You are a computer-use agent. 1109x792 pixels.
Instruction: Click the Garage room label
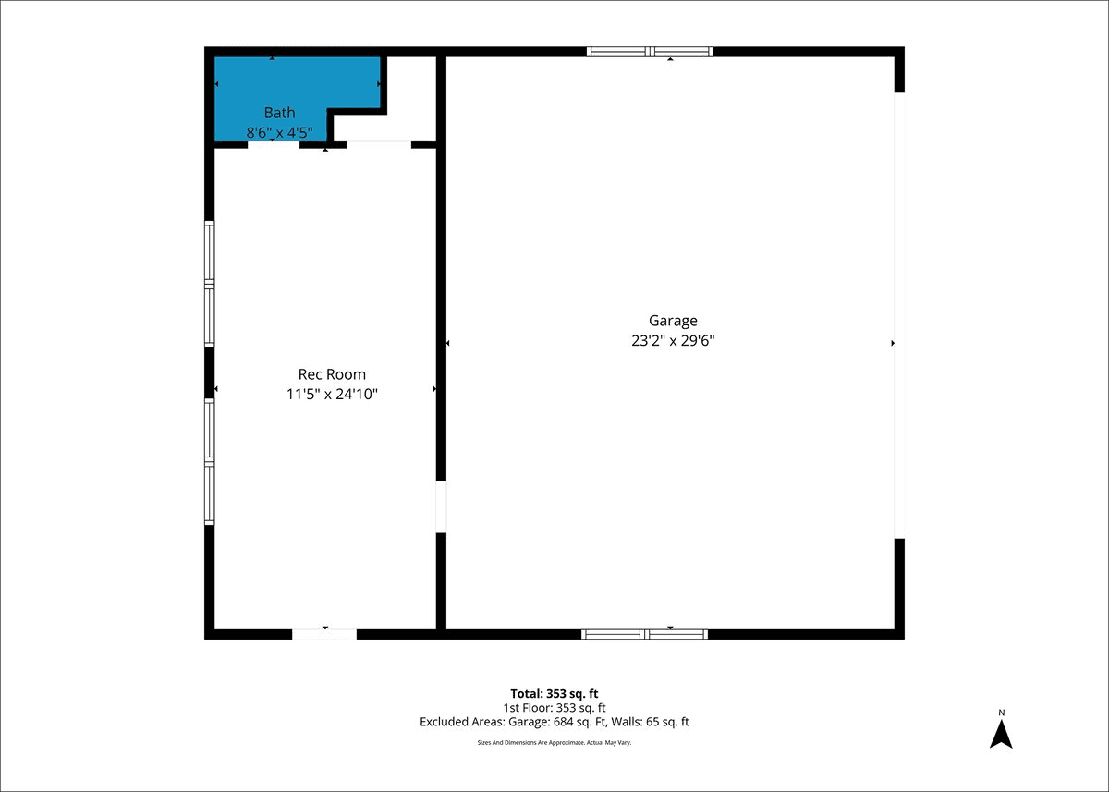(x=673, y=321)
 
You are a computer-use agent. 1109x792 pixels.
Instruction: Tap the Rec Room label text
(x=332, y=374)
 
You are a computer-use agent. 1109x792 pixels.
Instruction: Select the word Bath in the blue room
(x=279, y=113)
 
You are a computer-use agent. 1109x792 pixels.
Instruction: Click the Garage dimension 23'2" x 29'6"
(x=673, y=341)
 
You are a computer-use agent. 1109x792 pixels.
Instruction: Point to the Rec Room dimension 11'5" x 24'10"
(x=332, y=394)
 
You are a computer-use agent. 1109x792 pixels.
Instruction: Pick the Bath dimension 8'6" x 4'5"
(x=279, y=133)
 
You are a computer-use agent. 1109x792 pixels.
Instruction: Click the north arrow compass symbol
(x=1001, y=734)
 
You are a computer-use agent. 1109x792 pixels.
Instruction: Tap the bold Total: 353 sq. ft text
(x=554, y=693)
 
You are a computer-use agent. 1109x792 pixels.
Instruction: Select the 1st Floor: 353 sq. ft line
(x=554, y=708)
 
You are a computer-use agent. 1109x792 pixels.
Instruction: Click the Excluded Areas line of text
(x=554, y=722)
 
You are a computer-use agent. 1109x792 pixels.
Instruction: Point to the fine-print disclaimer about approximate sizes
(x=554, y=742)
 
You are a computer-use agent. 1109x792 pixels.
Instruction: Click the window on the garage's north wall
(x=650, y=52)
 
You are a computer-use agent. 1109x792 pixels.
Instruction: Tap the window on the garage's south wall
(x=645, y=634)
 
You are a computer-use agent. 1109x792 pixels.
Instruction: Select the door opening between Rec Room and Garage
(x=441, y=506)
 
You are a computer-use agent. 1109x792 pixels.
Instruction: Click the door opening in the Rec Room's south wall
(x=324, y=634)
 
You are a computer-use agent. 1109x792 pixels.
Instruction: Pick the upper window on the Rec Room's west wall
(x=210, y=284)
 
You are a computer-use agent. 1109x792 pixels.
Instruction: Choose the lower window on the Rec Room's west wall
(x=210, y=462)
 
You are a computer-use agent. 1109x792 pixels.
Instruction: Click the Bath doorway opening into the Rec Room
(x=274, y=144)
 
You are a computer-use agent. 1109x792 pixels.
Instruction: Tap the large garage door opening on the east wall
(x=899, y=315)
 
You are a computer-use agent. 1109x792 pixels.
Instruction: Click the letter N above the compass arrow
(x=1002, y=713)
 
